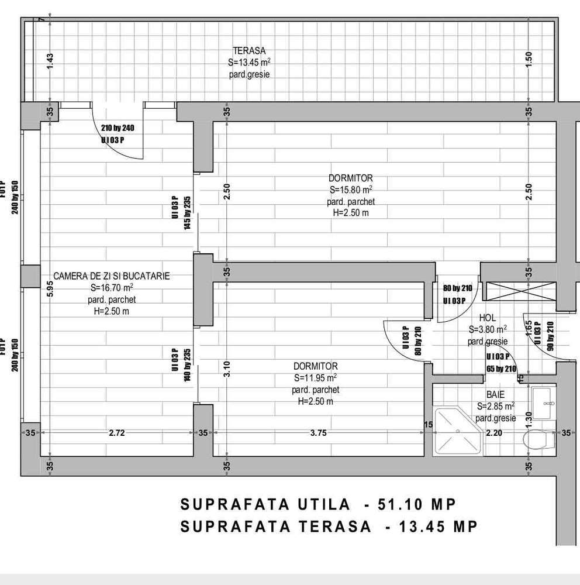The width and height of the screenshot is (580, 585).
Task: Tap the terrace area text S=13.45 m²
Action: point(249,63)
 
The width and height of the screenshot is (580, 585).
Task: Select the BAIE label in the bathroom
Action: point(495,395)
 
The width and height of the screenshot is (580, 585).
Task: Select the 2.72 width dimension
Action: point(117,433)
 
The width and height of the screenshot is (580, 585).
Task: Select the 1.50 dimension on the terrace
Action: point(529,60)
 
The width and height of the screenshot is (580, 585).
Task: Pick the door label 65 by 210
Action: point(502,369)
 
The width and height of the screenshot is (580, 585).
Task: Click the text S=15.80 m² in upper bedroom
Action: point(351,190)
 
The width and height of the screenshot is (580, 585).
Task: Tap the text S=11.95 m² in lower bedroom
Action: point(315,377)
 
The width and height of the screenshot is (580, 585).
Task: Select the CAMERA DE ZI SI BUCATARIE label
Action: point(112,276)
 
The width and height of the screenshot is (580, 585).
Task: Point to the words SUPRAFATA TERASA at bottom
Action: point(276,526)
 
